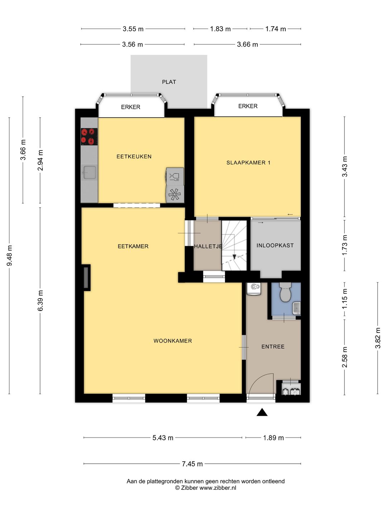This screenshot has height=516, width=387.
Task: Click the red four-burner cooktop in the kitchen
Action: click(89, 137)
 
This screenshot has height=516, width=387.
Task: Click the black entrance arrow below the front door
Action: click(262, 412)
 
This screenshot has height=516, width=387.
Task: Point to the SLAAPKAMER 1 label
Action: click(248, 163)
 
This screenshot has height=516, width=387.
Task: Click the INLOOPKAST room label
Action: click(275, 246)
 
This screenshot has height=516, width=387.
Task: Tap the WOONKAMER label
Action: click(173, 341)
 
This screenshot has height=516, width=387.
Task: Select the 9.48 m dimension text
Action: click(10, 255)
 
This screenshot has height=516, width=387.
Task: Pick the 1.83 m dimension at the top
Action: click(220, 29)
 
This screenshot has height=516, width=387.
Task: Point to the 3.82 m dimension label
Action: click(378, 338)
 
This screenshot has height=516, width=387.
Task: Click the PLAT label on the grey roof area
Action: click(169, 82)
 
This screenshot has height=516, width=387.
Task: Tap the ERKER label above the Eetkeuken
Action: click(131, 107)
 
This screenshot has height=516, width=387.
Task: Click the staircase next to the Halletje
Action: click(234, 245)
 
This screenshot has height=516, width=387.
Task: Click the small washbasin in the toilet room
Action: click(297, 308)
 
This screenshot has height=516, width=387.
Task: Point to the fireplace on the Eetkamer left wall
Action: click(86, 278)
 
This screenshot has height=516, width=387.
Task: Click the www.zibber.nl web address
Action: click(218, 488)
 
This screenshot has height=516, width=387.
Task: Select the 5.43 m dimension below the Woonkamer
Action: click(163, 438)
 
